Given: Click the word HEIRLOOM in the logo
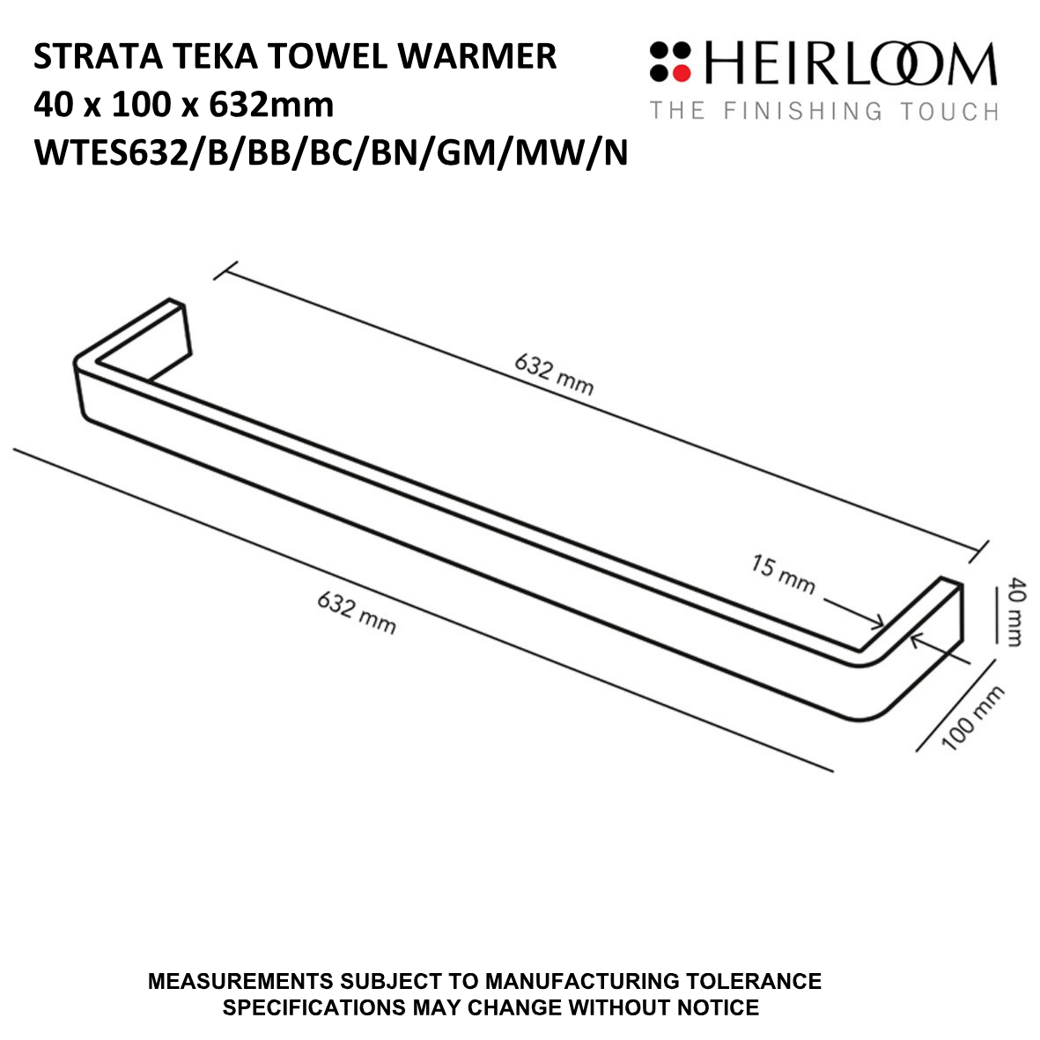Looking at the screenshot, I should (x=850, y=65).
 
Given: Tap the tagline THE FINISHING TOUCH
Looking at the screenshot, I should (x=823, y=111).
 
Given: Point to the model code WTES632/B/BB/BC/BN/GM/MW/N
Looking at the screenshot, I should (x=330, y=153).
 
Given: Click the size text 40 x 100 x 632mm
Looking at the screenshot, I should (x=183, y=106).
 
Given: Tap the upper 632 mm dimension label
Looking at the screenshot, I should (x=554, y=375).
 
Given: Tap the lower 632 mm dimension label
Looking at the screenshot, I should (x=357, y=612).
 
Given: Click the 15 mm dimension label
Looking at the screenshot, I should (x=783, y=574).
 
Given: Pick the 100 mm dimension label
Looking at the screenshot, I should (x=973, y=719).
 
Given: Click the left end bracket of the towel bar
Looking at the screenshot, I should (x=167, y=334).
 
